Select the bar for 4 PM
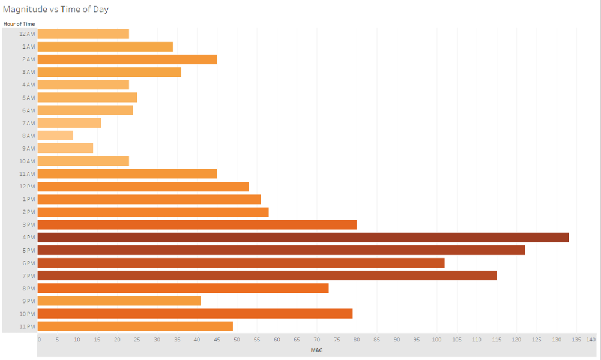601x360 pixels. tap(303, 238)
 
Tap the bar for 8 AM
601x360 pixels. tap(55, 136)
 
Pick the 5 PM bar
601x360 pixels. tap(281, 250)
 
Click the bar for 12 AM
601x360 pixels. tap(83, 34)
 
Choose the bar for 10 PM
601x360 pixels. tap(195, 314)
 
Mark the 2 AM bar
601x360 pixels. tap(127, 59)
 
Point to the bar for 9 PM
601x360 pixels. tap(119, 301)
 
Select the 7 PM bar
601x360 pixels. tap(267, 275)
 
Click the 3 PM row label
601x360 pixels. tap(28, 225)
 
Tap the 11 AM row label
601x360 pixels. tap(27, 174)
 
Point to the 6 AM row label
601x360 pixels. tap(28, 110)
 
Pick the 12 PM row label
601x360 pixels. tap(27, 187)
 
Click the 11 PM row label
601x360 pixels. tap(27, 326)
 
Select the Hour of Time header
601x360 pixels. tap(19, 24)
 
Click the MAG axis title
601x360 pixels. tap(316, 350)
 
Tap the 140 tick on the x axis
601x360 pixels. tap(591, 340)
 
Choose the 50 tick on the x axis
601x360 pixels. tap(237, 340)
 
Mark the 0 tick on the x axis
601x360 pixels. tap(40, 340)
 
